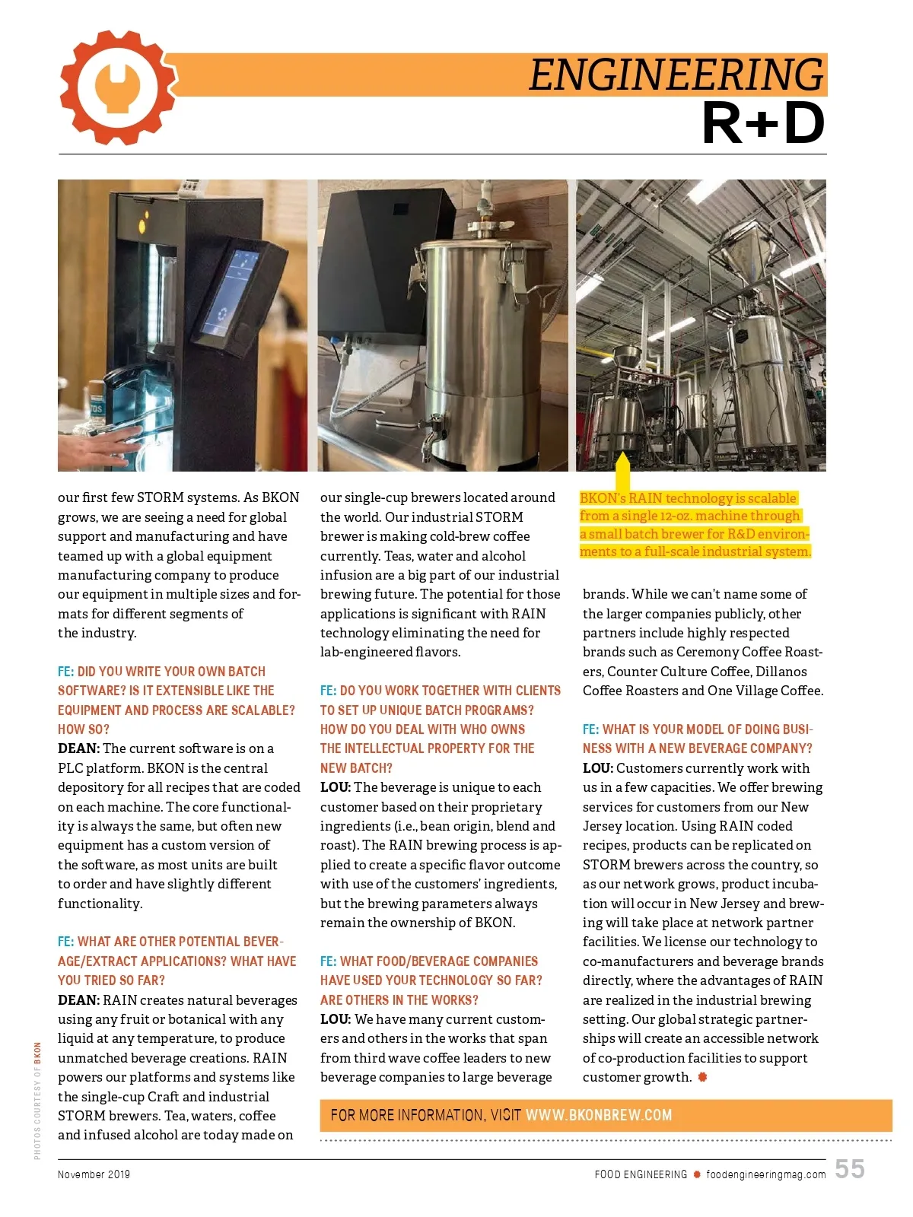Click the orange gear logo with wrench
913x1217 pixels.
[x=118, y=87]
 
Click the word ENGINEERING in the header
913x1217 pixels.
[x=676, y=75]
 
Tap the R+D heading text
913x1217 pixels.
[x=763, y=123]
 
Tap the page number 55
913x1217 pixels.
[x=849, y=1169]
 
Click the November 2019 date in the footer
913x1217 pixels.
[x=94, y=1174]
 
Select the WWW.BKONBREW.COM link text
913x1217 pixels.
[x=599, y=1115]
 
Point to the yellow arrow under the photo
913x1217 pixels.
[x=622, y=472]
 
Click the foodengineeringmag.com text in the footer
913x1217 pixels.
[x=765, y=1174]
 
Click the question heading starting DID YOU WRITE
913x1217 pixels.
[x=171, y=672]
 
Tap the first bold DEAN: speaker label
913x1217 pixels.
[x=78, y=748]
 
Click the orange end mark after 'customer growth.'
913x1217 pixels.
[x=702, y=1077]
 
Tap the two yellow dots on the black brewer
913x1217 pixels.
[x=142, y=221]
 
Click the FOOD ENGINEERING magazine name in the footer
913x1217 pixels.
[x=641, y=1174]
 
